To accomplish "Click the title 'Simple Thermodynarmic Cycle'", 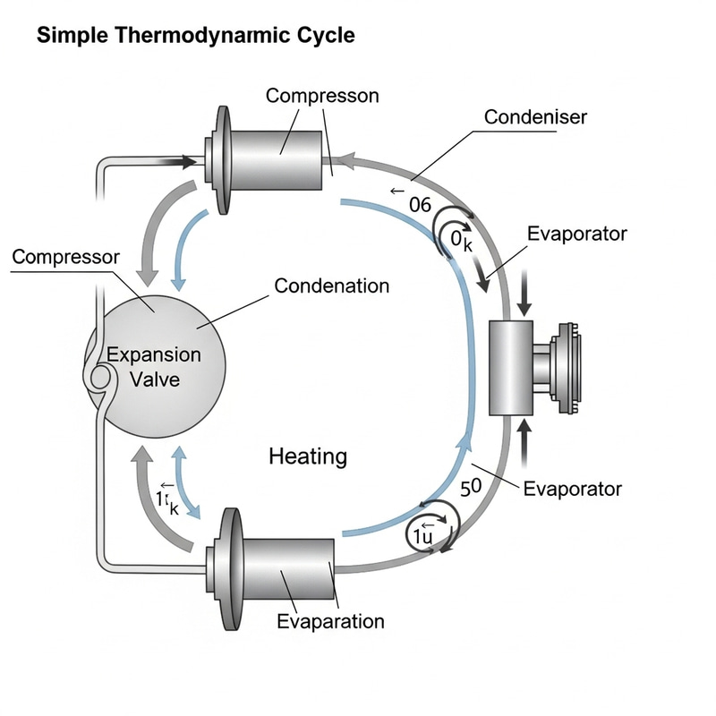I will [195, 37].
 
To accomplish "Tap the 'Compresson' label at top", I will [322, 96].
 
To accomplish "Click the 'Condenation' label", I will [331, 286].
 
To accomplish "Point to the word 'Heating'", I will [308, 456].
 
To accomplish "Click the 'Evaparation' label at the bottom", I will [330, 621].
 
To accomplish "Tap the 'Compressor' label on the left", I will [65, 258].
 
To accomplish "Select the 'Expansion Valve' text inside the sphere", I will [154, 367].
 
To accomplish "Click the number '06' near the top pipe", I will [421, 204].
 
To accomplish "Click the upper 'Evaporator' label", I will [577, 234].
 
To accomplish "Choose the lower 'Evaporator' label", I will [572, 489].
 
